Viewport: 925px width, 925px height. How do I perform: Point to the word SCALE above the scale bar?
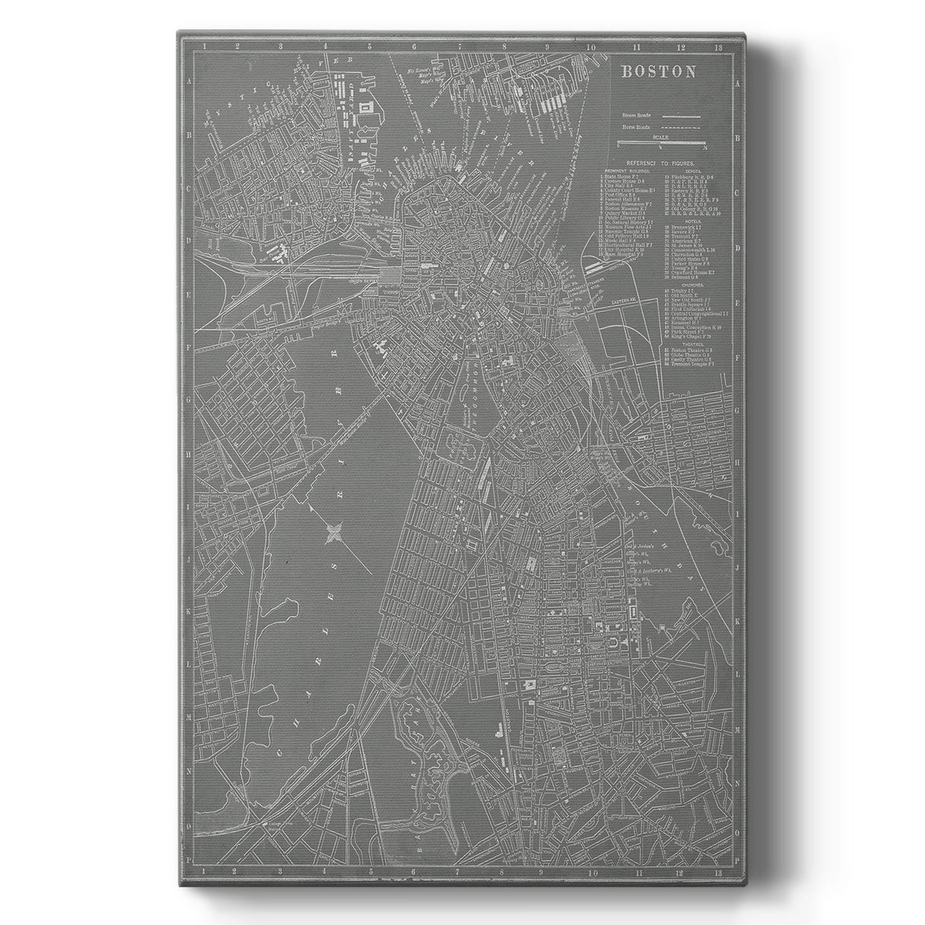661,136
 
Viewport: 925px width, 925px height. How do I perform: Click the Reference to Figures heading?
661,163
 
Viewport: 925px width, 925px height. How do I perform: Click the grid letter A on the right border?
737,82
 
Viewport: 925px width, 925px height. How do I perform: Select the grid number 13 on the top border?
718,48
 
